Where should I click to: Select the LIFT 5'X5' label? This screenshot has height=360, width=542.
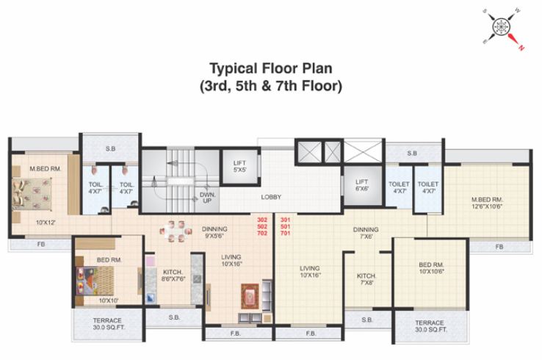coord(239,167)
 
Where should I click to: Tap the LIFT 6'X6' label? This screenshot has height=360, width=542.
coord(361,185)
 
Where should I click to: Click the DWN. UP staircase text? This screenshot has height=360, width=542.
coord(207,198)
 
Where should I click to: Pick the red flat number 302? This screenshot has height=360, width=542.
coord(262,220)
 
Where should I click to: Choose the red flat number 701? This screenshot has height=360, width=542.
coord(286,233)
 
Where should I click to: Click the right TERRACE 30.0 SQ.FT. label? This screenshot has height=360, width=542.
coord(429,325)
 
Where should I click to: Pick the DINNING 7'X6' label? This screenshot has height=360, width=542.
coord(365,232)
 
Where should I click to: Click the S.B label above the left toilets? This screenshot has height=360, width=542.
coord(110,149)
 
